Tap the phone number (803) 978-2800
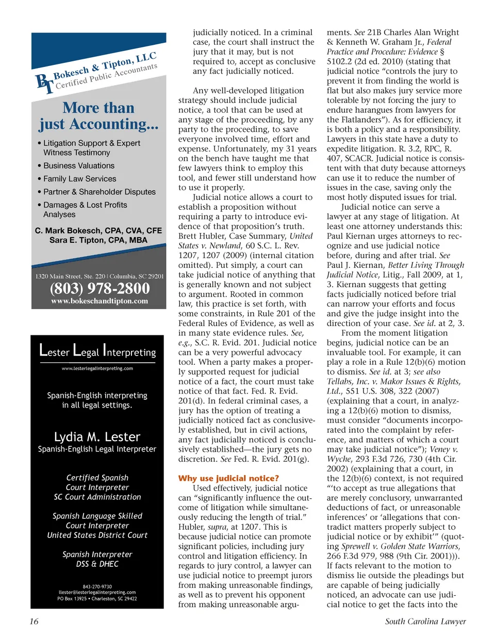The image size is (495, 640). coord(100,289)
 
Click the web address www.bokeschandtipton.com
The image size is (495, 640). coord(100,301)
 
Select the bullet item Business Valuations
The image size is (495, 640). coord(79,166)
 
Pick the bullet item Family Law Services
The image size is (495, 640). coord(79,179)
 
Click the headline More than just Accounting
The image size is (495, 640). coord(98,116)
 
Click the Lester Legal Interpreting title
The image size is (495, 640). coord(97,351)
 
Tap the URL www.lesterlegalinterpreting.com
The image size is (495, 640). coord(97,368)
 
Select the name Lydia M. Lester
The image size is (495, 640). coord(97,437)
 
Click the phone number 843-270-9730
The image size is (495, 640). coord(97,586)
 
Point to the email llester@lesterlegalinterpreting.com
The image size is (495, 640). coord(97,593)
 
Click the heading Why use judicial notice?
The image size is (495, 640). coord(228,478)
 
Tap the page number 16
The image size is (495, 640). coord(34,621)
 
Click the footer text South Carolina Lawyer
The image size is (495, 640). coord(425,621)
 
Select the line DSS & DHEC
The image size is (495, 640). coord(97,564)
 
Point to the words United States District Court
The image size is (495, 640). coord(97,535)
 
